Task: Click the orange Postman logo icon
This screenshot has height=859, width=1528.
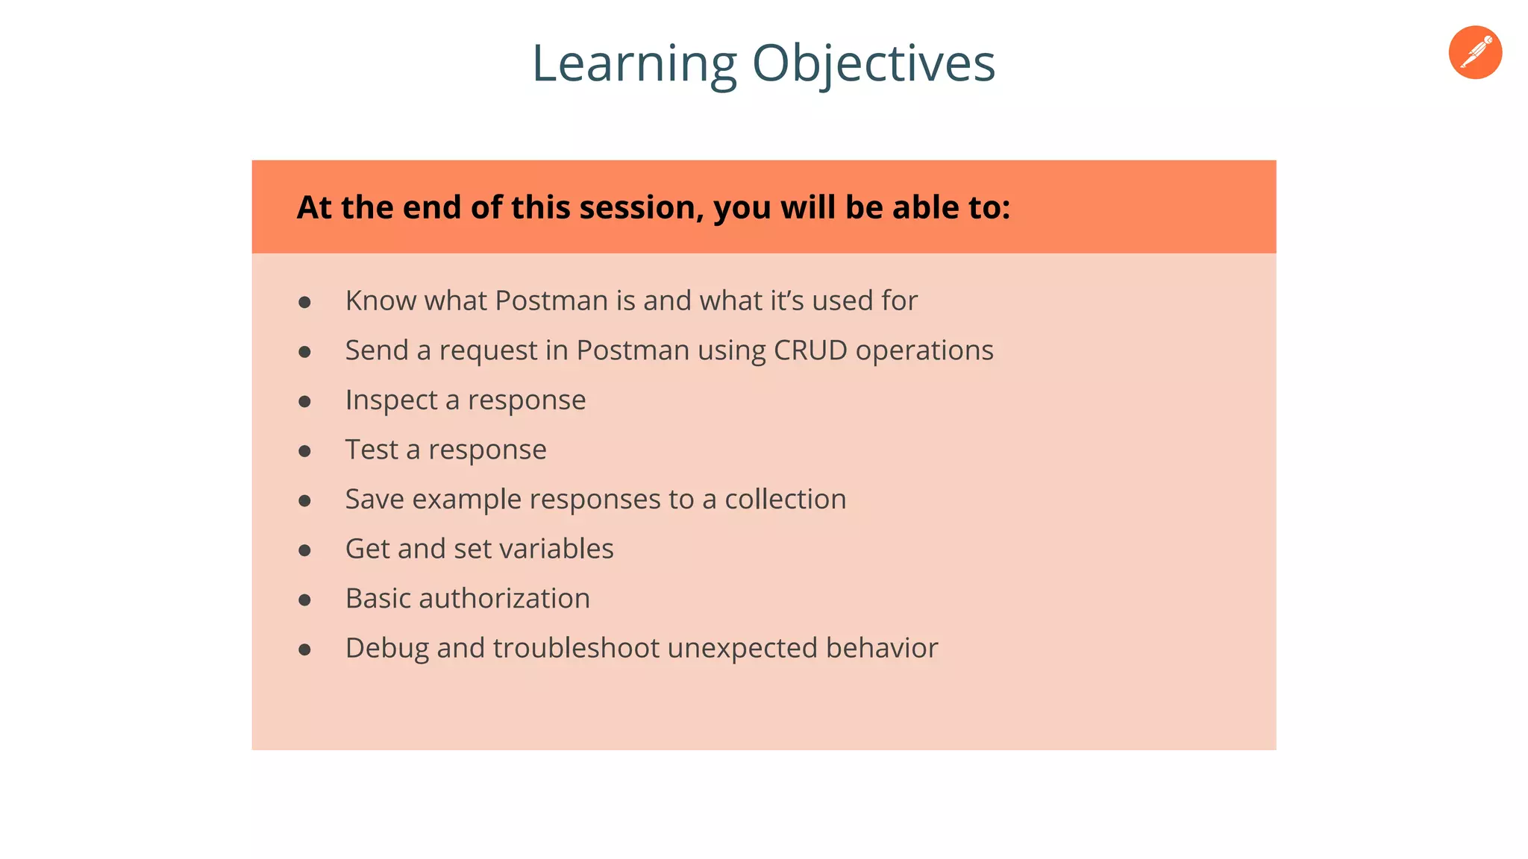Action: pyautogui.click(x=1475, y=52)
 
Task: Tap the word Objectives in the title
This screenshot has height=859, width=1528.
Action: pyautogui.click(x=874, y=64)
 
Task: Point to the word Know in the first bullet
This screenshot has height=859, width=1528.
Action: pyautogui.click(x=381, y=301)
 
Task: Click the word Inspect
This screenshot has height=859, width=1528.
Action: pyautogui.click(x=391, y=400)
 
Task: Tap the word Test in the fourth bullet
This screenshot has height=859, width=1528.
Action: pyautogui.click(x=372, y=450)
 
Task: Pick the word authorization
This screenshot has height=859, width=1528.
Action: pyautogui.click(x=504, y=599)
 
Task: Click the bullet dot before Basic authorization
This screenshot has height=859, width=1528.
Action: pyautogui.click(x=304, y=600)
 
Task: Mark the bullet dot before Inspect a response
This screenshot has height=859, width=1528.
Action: pyautogui.click(x=304, y=402)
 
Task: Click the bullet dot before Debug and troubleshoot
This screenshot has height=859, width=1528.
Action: pyautogui.click(x=304, y=650)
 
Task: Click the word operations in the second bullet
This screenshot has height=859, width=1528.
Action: pyautogui.click(x=924, y=351)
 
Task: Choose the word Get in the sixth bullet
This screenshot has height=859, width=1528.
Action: pyautogui.click(x=366, y=549)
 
